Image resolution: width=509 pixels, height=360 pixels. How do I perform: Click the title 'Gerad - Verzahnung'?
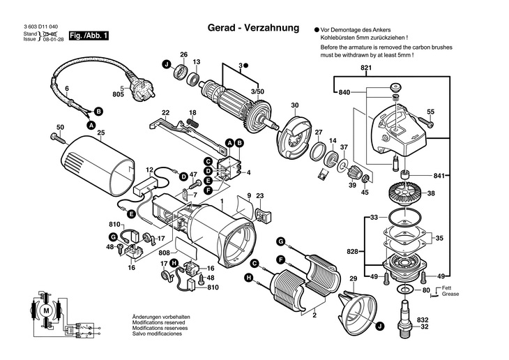tap(254, 29)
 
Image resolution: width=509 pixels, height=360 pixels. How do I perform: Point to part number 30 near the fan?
tap(294, 105)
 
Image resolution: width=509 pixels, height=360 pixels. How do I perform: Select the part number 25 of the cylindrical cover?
tap(101, 133)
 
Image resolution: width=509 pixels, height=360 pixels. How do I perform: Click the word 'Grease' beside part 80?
tap(450, 295)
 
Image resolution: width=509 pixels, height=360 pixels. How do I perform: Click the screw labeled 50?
tap(54, 137)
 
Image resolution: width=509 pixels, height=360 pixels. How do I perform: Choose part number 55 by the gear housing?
tap(430, 112)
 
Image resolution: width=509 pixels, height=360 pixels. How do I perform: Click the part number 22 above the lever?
tap(165, 112)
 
